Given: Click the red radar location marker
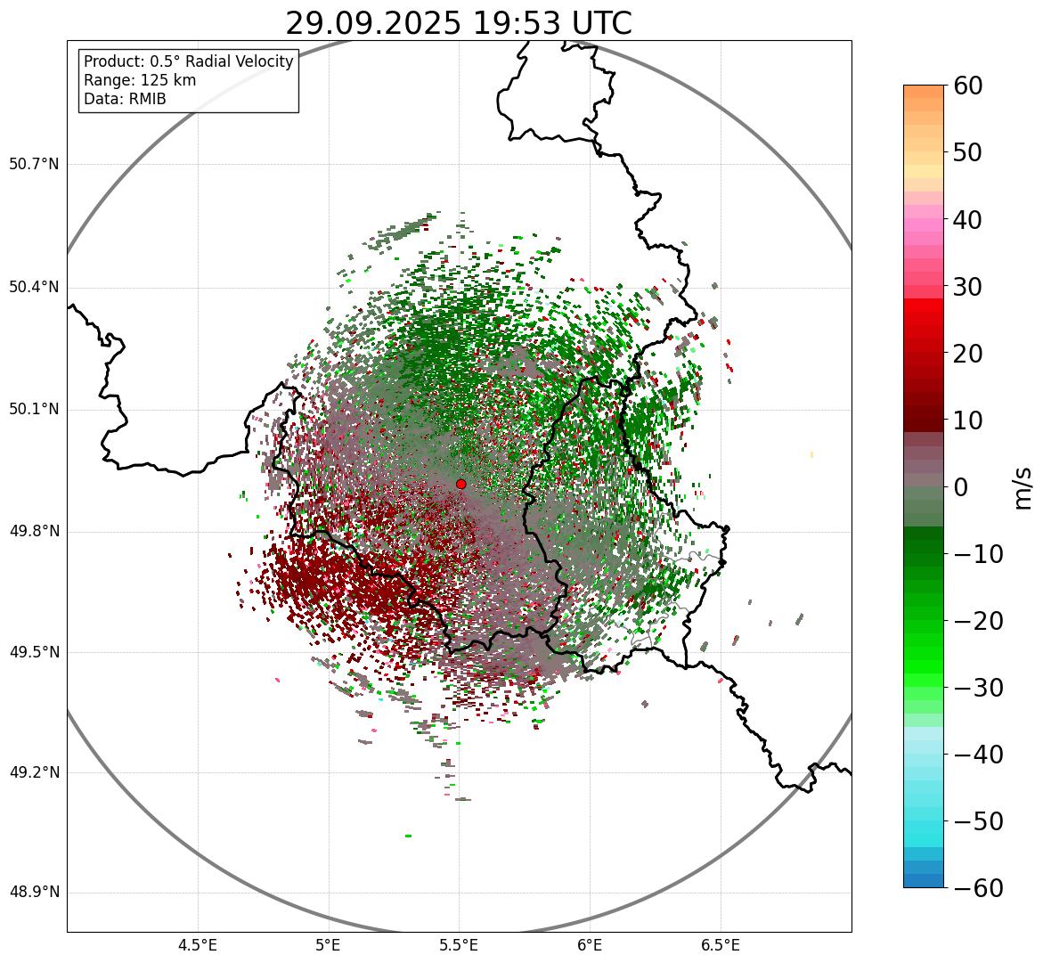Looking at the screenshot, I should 461,484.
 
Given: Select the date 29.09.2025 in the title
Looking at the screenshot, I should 373,24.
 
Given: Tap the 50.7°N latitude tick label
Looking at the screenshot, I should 34,165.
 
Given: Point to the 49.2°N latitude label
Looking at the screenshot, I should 34,772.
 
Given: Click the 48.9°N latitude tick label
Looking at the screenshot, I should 34,893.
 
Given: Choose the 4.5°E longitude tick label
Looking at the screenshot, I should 198,945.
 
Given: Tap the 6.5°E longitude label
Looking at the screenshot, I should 720,945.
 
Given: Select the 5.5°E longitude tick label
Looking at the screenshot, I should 459,945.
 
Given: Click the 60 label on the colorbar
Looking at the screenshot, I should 968,86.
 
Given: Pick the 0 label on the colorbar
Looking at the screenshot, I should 961,487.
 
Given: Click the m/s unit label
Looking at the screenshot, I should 1023,487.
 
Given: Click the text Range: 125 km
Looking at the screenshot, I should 140,80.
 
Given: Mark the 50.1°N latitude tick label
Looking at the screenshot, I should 34,410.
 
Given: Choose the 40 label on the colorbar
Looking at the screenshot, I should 968,220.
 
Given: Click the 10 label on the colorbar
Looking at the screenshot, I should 968,420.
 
